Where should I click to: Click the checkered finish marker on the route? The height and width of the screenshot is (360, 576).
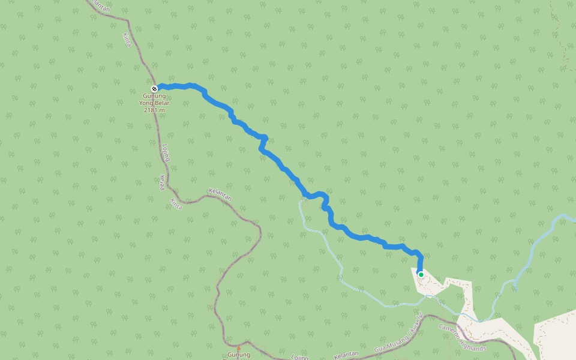(154, 89)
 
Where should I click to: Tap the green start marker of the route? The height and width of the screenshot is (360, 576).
(421, 275)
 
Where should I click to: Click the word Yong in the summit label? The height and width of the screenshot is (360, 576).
(146, 103)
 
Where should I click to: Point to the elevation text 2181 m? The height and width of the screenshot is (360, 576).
(154, 110)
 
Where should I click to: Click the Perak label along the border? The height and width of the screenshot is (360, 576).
(161, 182)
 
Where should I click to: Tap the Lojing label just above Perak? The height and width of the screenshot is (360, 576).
(166, 152)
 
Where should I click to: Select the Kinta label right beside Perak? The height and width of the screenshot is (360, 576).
(175, 203)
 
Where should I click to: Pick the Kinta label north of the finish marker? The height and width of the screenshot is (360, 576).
(127, 40)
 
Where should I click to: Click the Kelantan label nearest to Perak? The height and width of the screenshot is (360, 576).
(220, 194)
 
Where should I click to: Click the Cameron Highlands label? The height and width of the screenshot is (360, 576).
(462, 337)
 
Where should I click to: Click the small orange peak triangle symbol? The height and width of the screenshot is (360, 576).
(238, 347)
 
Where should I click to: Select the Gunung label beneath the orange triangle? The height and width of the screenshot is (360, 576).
(238, 355)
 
